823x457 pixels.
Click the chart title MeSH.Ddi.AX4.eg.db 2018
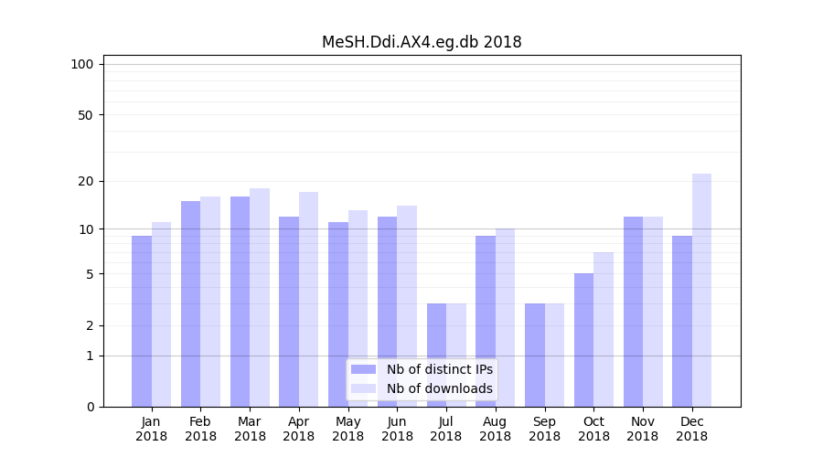tap(422, 42)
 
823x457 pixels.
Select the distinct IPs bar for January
tap(142, 321)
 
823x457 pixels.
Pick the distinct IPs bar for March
tap(240, 302)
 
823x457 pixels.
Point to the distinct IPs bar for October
tap(583, 340)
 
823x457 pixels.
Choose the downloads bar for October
tap(604, 329)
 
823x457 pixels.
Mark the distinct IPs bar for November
tap(633, 312)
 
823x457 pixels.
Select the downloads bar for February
tap(210, 302)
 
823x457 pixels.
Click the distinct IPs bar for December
tap(682, 321)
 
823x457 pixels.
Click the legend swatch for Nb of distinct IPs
tap(364, 369)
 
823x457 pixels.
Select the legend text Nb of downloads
tap(439, 388)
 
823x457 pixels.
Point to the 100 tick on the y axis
tap(82, 64)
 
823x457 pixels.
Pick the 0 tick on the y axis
tap(90, 407)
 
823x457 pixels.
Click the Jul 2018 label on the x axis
tap(446, 429)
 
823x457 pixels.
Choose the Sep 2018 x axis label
tap(544, 429)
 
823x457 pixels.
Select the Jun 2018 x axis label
tap(397, 429)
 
